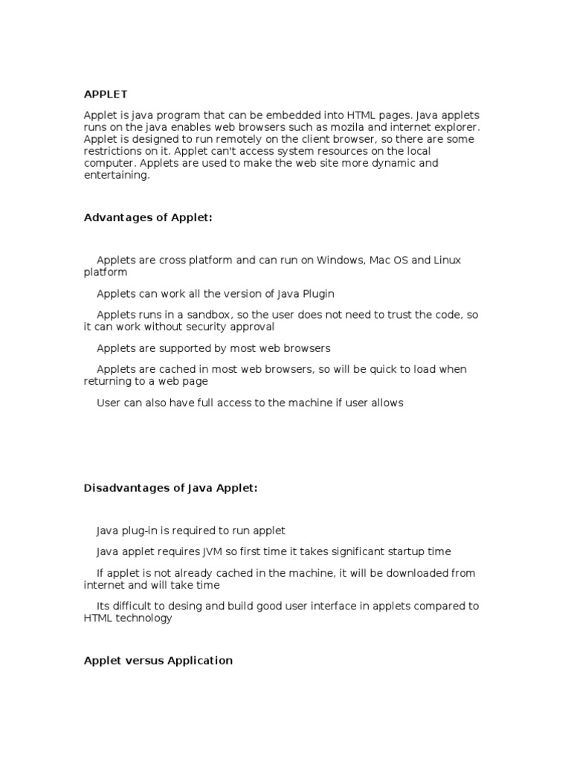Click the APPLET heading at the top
coord(106,95)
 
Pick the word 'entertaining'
coord(116,175)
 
